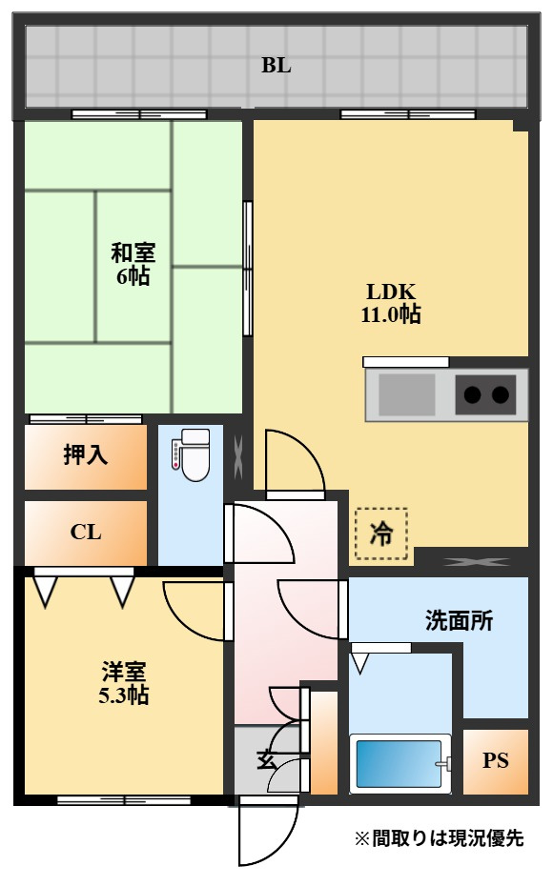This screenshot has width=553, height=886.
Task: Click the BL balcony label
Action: point(276,66)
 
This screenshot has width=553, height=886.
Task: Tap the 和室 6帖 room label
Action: point(133,264)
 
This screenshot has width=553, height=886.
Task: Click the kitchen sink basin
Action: point(406,394)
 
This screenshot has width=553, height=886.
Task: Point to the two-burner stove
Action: point(485,394)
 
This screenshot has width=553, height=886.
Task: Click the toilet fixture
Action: point(191,454)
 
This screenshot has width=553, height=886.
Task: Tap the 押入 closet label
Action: point(86,454)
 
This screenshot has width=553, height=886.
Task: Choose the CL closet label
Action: point(86,532)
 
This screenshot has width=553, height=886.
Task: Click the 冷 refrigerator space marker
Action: point(381,534)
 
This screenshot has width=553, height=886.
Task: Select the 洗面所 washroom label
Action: point(459,620)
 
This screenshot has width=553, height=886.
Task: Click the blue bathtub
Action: point(400,763)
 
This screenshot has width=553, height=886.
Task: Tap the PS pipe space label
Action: point(496,760)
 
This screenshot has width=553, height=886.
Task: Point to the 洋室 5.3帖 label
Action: point(124,683)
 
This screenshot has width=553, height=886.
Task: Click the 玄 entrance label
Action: point(266,759)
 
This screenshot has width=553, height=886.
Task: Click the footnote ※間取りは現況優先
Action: point(439,838)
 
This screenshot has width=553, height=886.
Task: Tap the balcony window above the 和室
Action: point(139,114)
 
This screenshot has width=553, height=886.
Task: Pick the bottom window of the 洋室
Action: point(124,800)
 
